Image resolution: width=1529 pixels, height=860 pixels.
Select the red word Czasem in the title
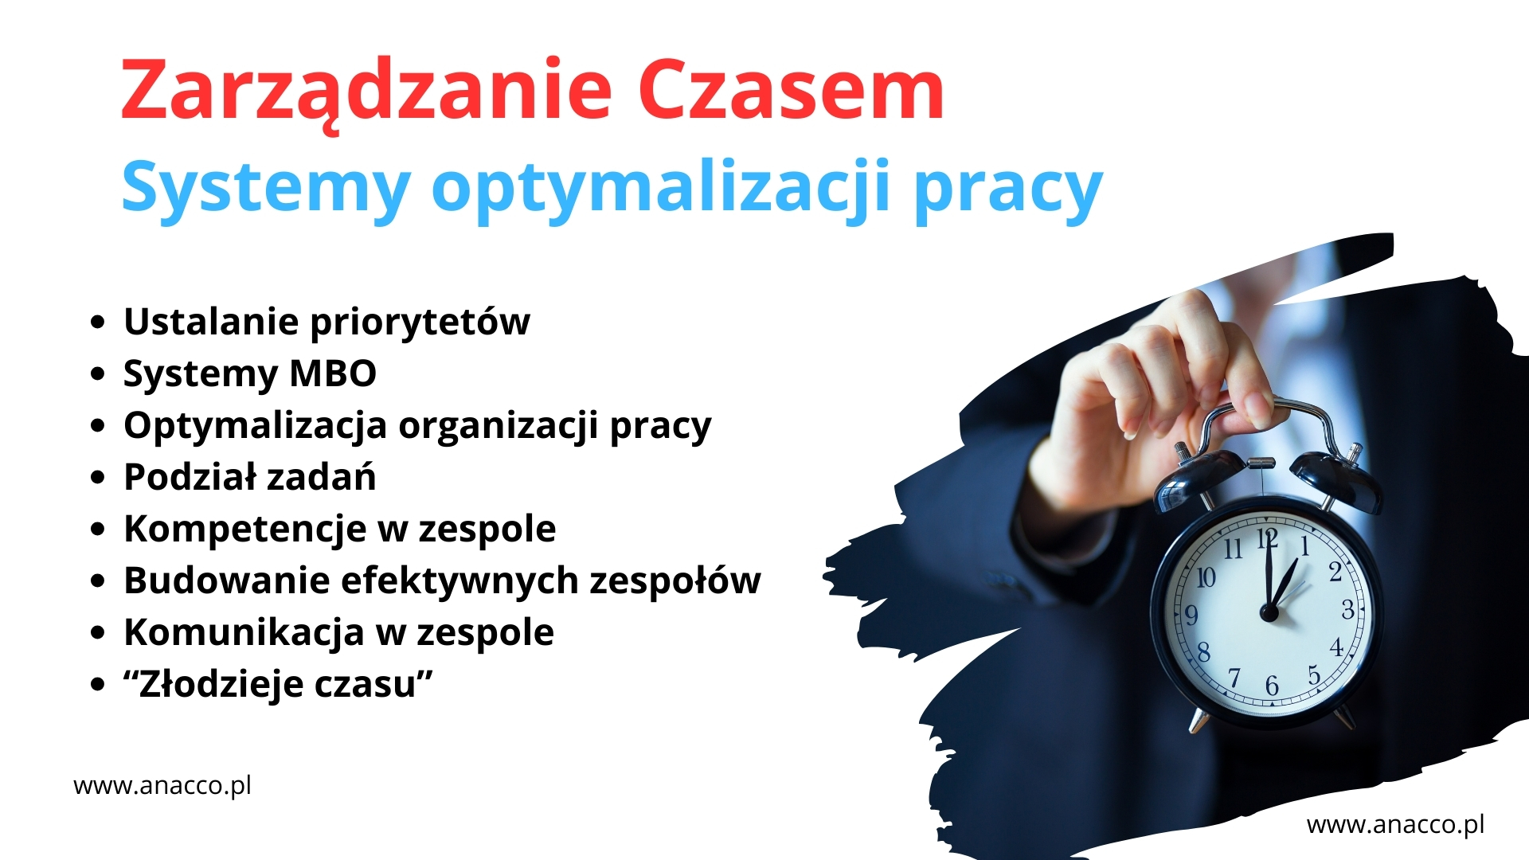[x=791, y=89]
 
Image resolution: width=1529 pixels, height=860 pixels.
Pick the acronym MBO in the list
[x=333, y=373]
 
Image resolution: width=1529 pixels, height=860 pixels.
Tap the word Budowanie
[x=226, y=580]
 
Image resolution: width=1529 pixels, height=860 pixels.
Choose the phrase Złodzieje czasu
[x=278, y=684]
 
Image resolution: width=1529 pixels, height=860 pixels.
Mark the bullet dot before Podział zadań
[x=98, y=478]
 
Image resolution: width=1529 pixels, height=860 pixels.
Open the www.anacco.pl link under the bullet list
[x=162, y=787]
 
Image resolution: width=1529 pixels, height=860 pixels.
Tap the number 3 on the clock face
[x=1347, y=610]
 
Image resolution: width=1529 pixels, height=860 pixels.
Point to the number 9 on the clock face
[x=1191, y=616]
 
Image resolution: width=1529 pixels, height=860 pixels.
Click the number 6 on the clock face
[x=1272, y=686]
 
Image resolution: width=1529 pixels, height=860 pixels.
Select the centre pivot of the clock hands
[x=1269, y=612]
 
